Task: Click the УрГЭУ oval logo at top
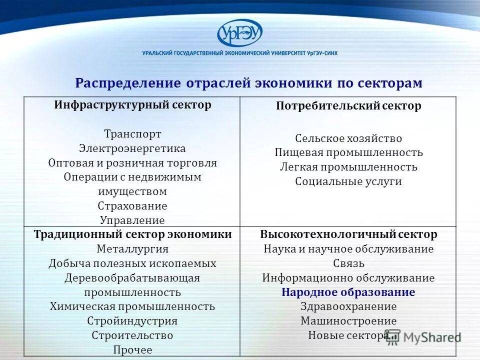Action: [x=239, y=33]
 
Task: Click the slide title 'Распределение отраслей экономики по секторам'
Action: [x=248, y=83]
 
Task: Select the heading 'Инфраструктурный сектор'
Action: [x=132, y=105]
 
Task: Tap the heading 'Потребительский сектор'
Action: [x=348, y=106]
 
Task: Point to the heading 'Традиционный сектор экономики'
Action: [x=132, y=234]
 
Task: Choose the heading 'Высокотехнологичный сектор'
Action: [x=348, y=234]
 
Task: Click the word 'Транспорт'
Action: [x=132, y=134]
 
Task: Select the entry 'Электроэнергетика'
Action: [x=132, y=148]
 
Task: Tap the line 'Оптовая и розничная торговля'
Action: [x=132, y=163]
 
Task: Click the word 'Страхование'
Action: [x=132, y=206]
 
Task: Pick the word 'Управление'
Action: [x=132, y=220]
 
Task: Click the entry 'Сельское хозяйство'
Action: [x=348, y=138]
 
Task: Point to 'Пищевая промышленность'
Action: [x=348, y=152]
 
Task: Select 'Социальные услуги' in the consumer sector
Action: [x=348, y=181]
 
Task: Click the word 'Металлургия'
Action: [x=132, y=249]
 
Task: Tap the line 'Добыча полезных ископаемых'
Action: [x=132, y=263]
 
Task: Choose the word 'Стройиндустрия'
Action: [x=132, y=321]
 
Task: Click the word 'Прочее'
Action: [x=132, y=350]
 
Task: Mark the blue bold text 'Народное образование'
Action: [x=348, y=292]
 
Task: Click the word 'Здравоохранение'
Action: [x=348, y=306]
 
